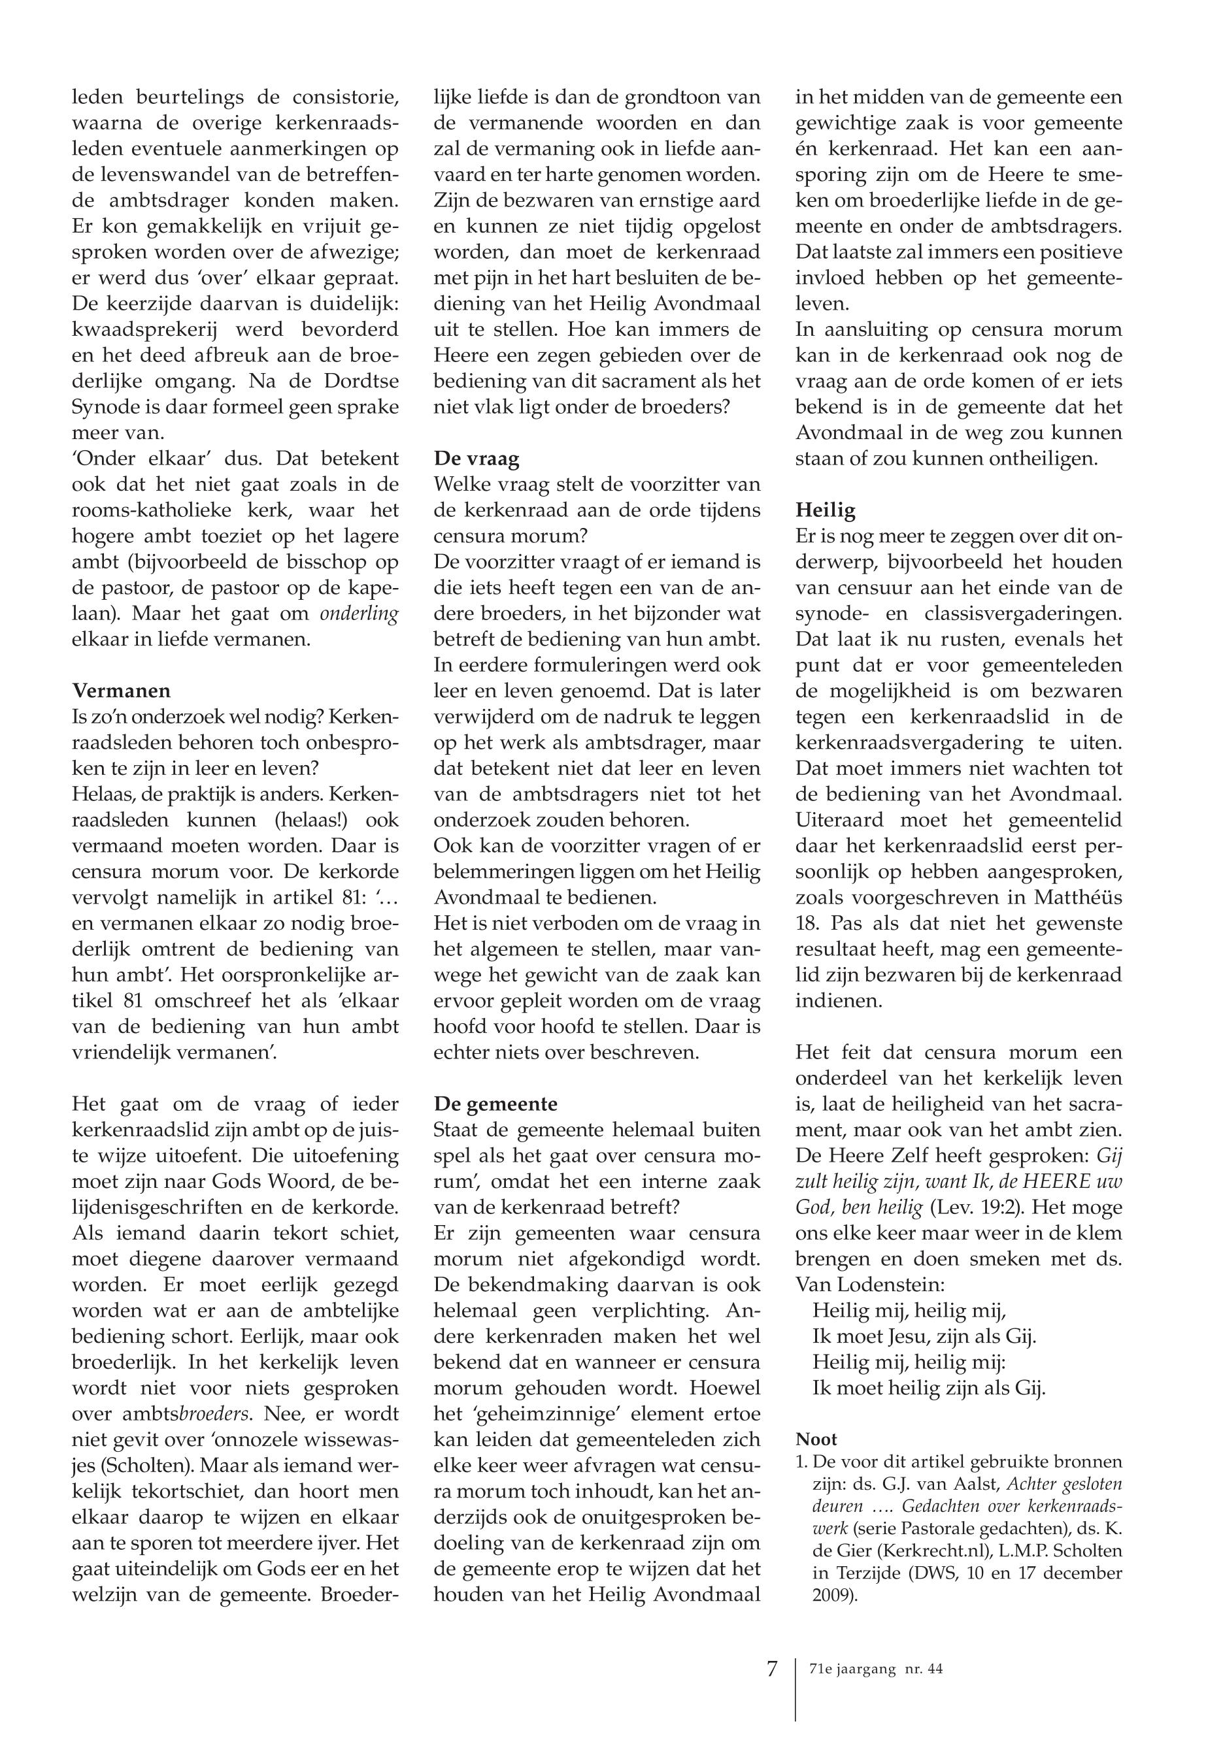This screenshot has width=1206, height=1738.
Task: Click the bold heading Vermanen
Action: pyautogui.click(x=121, y=691)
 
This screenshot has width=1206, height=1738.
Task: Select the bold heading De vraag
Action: pyautogui.click(x=477, y=459)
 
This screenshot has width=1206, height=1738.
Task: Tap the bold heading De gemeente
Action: pyautogui.click(x=495, y=1104)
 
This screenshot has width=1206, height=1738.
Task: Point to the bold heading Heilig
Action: pyautogui.click(x=825, y=510)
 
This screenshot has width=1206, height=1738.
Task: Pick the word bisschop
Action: pyautogui.click(x=319, y=562)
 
